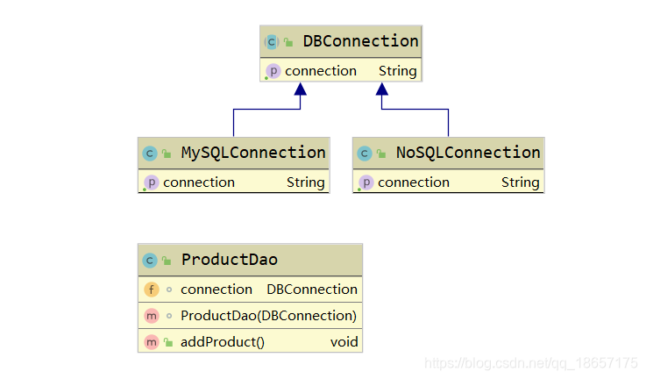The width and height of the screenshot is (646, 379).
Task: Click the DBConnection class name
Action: click(360, 41)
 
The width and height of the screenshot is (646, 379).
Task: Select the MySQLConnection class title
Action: click(253, 153)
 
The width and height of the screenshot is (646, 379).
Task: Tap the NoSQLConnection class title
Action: click(468, 153)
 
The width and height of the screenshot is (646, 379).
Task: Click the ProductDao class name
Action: click(229, 260)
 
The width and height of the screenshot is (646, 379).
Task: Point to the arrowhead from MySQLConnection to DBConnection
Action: click(301, 89)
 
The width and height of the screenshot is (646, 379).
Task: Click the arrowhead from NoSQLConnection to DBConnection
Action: click(382, 89)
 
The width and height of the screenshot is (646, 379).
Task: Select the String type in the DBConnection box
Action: click(397, 71)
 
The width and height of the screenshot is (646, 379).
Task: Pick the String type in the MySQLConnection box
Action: click(305, 182)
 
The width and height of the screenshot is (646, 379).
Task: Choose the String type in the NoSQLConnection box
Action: click(520, 182)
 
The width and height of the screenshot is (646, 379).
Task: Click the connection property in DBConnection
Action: click(321, 71)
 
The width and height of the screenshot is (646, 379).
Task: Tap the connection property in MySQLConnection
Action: click(199, 182)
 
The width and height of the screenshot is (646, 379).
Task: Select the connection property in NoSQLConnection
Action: click(414, 182)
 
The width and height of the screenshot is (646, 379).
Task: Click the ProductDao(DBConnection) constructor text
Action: click(268, 316)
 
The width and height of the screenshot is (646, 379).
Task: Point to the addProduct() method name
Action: click(223, 342)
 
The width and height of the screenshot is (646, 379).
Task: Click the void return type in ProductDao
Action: click(344, 342)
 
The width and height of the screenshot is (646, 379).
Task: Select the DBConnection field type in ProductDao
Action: click(312, 290)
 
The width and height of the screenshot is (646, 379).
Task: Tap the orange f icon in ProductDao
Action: click(151, 290)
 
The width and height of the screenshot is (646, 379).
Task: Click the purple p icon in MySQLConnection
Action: click(151, 182)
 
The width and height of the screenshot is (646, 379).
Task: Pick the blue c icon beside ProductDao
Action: click(150, 260)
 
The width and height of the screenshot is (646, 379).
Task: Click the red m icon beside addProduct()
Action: click(151, 342)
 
